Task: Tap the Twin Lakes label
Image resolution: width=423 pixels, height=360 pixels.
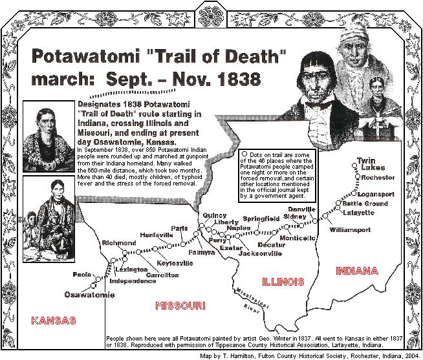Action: coord(367,164)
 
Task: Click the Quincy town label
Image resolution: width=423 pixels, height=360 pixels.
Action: coord(214,215)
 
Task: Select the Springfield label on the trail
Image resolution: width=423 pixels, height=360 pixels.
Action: coord(261,219)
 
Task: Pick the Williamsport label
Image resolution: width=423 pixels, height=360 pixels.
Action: coord(350,229)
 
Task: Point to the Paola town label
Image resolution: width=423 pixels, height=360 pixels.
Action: coord(82,274)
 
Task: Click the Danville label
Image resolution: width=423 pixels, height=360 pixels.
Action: coord(301,209)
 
